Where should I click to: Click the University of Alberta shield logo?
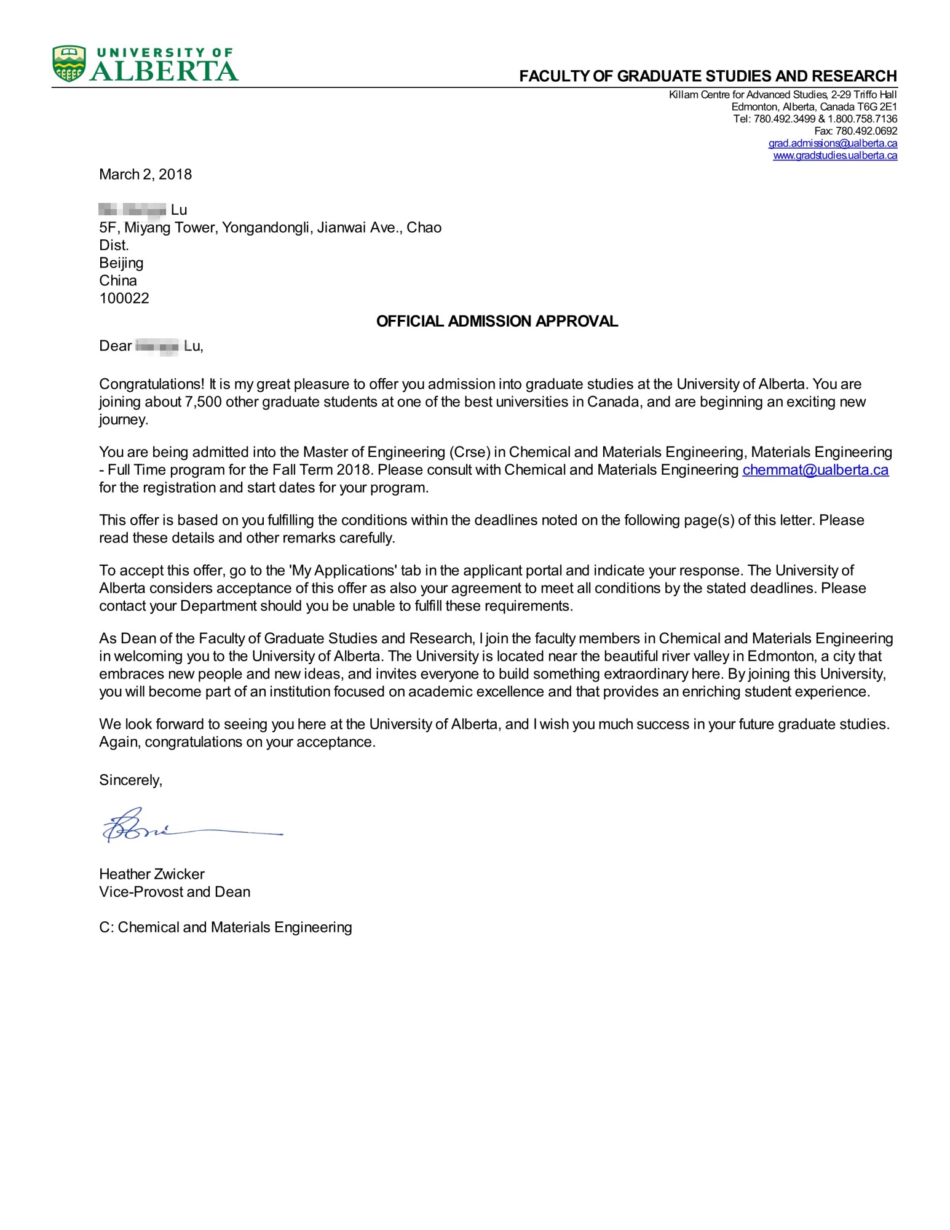(x=69, y=63)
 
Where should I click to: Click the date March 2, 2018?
(x=145, y=175)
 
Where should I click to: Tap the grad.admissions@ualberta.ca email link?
(x=832, y=143)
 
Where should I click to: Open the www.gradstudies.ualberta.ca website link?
(x=834, y=156)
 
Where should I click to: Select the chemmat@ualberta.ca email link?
(x=815, y=470)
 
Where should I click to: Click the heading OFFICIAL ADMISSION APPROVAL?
(x=497, y=322)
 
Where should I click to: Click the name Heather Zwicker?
(x=152, y=874)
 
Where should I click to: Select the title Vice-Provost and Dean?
(x=175, y=892)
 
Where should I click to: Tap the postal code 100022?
(x=124, y=299)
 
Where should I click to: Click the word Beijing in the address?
(x=121, y=263)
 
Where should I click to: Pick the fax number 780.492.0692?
(x=866, y=131)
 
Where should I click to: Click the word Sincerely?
(x=130, y=780)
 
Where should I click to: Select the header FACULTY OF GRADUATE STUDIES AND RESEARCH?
(x=708, y=76)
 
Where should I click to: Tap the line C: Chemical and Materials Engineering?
(x=225, y=927)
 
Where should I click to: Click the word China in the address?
(x=118, y=281)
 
